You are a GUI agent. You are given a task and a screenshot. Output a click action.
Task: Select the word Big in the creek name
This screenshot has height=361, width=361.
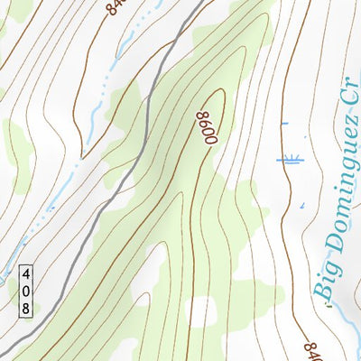point(322,280)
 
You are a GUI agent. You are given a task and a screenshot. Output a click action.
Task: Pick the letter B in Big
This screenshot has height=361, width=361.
point(321,291)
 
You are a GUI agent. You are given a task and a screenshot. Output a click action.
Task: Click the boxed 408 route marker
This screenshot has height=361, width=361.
point(26,291)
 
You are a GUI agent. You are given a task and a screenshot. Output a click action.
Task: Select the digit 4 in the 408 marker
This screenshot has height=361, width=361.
point(26,273)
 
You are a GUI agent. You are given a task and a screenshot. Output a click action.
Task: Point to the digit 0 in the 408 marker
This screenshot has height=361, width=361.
point(26,291)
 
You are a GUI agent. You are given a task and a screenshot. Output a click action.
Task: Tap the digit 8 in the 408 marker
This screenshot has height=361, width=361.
point(26,308)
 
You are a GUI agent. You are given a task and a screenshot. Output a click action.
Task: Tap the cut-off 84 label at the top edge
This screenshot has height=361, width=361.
point(115,7)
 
